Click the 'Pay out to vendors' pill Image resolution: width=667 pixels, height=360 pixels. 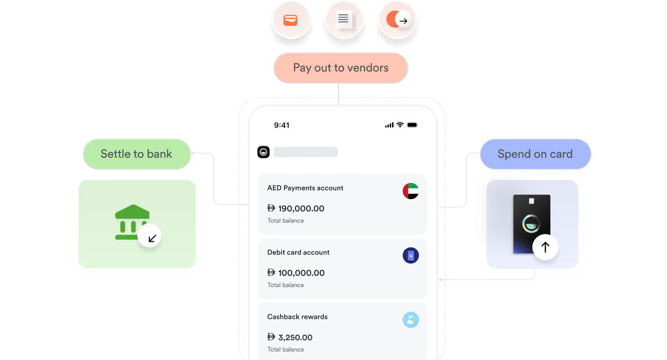point(341,68)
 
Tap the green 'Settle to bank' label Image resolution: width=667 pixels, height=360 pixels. point(137,154)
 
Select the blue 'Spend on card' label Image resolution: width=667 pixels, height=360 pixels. point(536,154)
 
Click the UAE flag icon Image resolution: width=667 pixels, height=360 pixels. point(411,191)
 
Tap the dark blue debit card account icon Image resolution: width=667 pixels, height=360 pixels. point(411,255)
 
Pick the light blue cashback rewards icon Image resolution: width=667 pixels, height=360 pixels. point(411,320)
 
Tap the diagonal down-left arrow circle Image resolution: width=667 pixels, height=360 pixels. point(149,236)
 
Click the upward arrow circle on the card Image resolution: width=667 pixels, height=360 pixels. point(545,247)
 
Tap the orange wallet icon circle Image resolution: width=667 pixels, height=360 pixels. point(291,20)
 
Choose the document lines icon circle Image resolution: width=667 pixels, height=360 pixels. point(344,20)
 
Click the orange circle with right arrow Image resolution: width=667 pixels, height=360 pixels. point(397,20)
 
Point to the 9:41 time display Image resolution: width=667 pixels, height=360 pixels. point(282,125)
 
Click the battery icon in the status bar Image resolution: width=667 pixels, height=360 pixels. point(413,125)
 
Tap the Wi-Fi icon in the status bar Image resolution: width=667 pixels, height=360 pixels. point(400,125)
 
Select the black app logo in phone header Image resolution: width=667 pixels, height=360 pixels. point(263,152)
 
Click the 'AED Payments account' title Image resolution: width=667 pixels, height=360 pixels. point(305,188)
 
